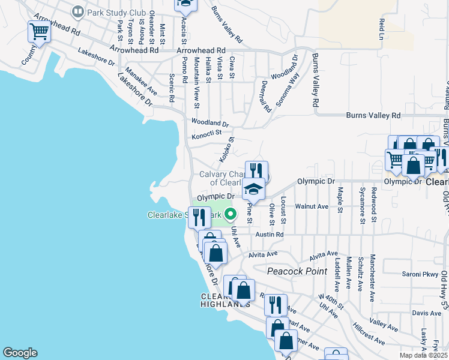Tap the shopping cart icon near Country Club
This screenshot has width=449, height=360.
[39, 32]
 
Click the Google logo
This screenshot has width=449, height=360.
[20, 353]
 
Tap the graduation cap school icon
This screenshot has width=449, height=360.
[254, 190]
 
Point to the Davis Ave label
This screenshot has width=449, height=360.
[427, 313]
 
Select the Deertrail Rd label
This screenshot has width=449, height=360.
[267, 93]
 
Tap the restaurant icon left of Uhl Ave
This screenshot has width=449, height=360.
[199, 217]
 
